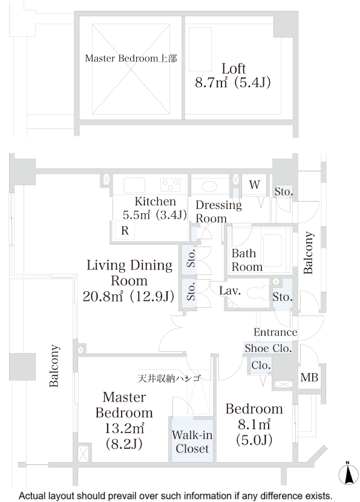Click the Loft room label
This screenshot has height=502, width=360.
pos(233,67)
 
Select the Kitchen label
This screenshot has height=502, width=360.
pos(155,202)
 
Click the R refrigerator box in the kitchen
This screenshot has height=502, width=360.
pos(124,231)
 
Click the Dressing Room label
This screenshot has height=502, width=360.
pos(218,211)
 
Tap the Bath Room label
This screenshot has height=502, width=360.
pos(247,260)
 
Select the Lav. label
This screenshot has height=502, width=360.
pos(231,291)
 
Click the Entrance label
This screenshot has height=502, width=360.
pos(275,332)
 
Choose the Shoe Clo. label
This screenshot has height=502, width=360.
pos(268,348)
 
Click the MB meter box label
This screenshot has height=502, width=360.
pos(308,378)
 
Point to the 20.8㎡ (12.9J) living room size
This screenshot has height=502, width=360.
pos(129,296)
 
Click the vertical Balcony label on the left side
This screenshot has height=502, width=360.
pos(54,366)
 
